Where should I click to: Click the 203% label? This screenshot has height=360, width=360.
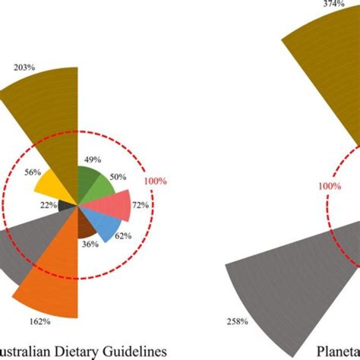[24, 67]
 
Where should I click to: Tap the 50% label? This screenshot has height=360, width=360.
[118, 177]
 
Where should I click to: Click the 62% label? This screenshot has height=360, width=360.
[123, 235]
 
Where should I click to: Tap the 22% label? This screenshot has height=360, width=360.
[48, 205]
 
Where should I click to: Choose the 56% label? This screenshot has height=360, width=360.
[32, 172]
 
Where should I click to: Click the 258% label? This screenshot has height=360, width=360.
[237, 321]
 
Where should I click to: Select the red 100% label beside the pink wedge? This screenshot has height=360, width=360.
[155, 181]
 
